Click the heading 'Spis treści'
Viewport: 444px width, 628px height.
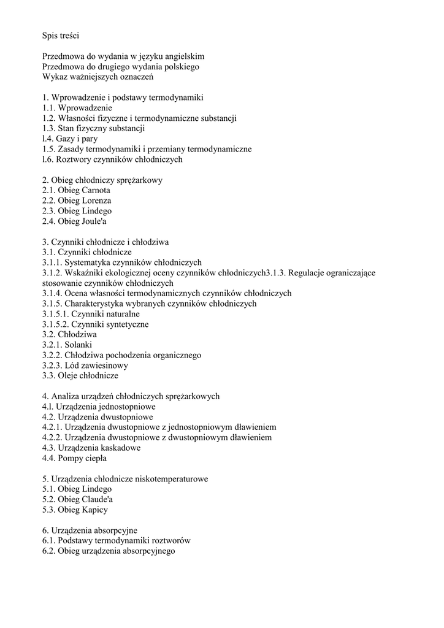[x=61, y=36]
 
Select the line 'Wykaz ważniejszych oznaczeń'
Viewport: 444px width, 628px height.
[x=98, y=77]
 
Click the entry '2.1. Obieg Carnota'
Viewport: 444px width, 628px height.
[x=76, y=190]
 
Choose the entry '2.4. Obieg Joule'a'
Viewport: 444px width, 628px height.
[x=75, y=221]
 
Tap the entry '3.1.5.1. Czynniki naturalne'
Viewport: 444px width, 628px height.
[x=91, y=314]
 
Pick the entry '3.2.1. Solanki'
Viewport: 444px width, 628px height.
[x=67, y=345]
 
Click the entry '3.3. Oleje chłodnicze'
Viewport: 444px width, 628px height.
[x=80, y=375]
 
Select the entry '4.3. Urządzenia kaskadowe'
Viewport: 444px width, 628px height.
[x=91, y=448]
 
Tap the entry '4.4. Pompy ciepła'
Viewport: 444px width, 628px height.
[x=74, y=458]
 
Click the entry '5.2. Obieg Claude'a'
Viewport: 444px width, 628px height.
[x=77, y=499]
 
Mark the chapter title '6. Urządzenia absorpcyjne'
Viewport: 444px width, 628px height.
[x=90, y=530]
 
